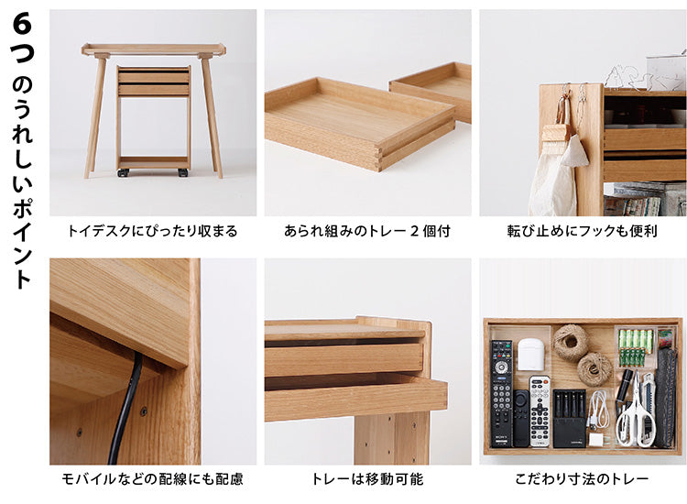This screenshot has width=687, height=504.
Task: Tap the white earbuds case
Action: [x=531, y=352]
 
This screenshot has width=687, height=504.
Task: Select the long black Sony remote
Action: [x=501, y=393]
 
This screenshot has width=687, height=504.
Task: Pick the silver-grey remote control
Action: [x=540, y=411]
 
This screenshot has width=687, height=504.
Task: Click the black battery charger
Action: [x=570, y=418]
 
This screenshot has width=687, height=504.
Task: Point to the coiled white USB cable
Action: [x=598, y=410]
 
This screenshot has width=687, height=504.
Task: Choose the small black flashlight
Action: [x=625, y=385]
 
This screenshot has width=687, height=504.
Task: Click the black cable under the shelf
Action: [x=127, y=408]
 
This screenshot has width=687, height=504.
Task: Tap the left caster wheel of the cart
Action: [x=124, y=172]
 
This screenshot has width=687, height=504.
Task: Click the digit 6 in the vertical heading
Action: [x=22, y=24]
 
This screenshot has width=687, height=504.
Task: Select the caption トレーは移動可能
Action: [x=367, y=479]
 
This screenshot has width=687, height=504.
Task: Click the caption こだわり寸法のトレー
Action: [x=582, y=479]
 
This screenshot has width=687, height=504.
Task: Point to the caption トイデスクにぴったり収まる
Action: [x=152, y=231]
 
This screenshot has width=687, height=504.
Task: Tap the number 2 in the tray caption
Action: [x=414, y=231]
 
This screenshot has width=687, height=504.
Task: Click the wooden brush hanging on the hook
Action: [x=557, y=131]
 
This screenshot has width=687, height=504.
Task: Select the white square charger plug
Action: [x=596, y=439]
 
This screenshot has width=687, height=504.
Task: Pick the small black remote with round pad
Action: [x=521, y=418]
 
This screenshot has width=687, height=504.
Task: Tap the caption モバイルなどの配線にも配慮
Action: [x=152, y=479]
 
